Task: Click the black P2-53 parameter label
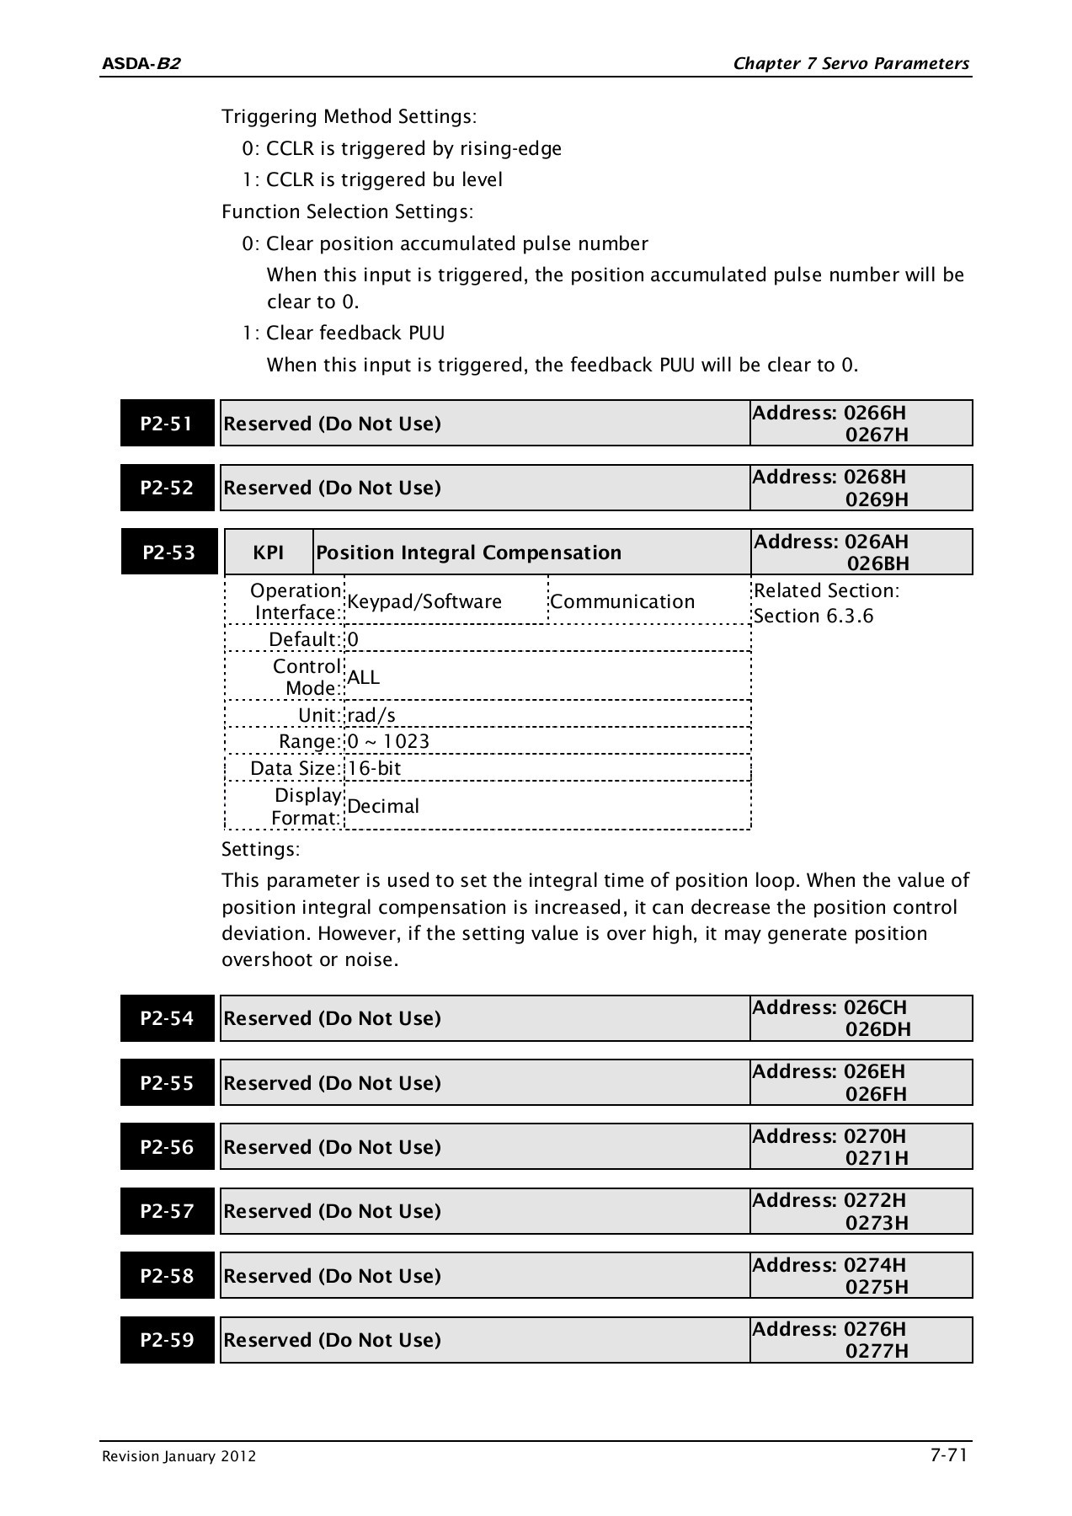(x=168, y=552)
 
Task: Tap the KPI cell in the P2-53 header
(x=268, y=552)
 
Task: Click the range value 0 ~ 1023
(x=388, y=741)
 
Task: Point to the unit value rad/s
(x=371, y=715)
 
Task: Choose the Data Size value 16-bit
(x=374, y=768)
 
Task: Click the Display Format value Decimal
(x=383, y=806)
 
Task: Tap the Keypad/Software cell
(x=424, y=601)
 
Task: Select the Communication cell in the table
(x=622, y=601)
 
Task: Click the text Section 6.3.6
(x=813, y=616)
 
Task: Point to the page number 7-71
(x=948, y=1455)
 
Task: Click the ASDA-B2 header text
(x=141, y=64)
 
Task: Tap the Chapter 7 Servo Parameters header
(x=851, y=64)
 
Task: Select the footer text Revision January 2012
(x=179, y=1457)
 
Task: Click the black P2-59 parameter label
(x=167, y=1340)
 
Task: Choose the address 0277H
(x=877, y=1351)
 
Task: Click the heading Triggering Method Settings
(x=349, y=116)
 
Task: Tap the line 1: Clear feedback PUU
(x=344, y=334)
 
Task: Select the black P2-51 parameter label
(x=167, y=424)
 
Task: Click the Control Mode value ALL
(x=364, y=677)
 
